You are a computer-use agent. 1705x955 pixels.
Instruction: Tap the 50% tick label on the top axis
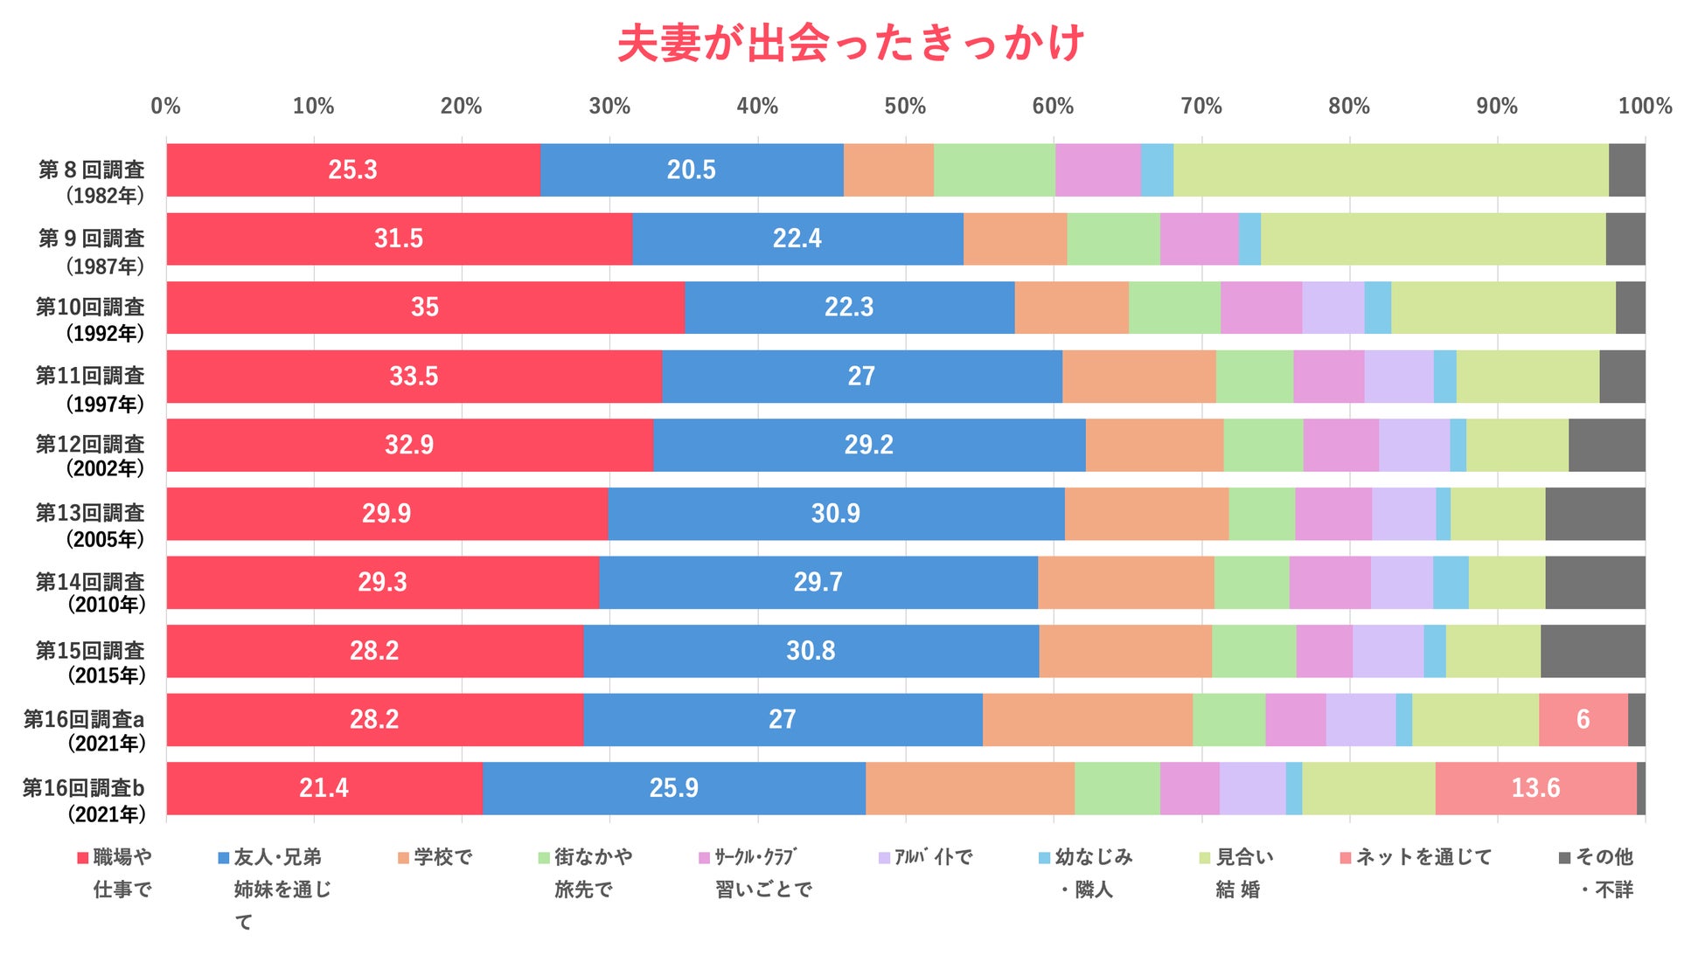(x=905, y=107)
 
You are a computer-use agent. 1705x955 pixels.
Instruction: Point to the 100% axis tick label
(x=1644, y=107)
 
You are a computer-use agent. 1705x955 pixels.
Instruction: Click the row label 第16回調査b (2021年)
(x=84, y=800)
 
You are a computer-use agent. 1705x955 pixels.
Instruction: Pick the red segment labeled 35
(x=425, y=308)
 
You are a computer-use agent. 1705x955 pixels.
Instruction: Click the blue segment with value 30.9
(x=836, y=514)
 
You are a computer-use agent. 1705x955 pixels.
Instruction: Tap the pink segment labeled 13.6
(x=1535, y=788)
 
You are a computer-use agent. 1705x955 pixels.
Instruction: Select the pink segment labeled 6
(x=1583, y=720)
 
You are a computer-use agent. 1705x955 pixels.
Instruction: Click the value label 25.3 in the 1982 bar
(x=352, y=170)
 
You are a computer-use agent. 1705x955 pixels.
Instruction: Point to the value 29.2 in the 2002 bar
(x=868, y=445)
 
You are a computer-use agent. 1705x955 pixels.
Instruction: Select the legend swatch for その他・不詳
(x=1565, y=858)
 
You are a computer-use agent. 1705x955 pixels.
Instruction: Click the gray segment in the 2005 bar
(x=1595, y=514)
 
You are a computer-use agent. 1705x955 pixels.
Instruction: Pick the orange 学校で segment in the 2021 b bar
(x=970, y=788)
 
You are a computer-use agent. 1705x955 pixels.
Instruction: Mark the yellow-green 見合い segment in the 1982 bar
(x=1390, y=170)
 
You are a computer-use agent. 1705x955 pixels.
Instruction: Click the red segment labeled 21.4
(x=324, y=788)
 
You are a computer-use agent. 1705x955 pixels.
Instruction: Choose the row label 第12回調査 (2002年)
(x=90, y=456)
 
